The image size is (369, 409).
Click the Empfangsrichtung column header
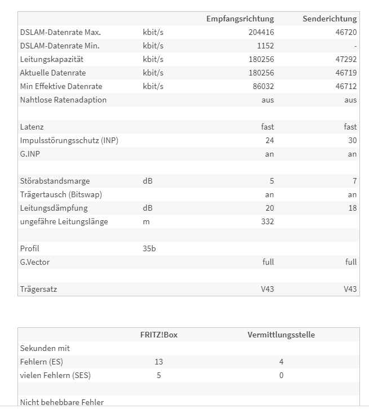tap(240, 19)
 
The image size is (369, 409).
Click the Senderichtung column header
tap(330, 19)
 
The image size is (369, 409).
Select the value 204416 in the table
tap(261, 33)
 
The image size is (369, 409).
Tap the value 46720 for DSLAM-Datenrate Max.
tap(346, 33)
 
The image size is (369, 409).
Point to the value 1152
tap(265, 46)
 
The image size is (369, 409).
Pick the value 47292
tap(346, 60)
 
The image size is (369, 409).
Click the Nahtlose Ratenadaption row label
tap(63, 100)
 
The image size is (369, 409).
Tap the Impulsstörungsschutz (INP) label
tap(69, 141)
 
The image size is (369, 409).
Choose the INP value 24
tap(269, 141)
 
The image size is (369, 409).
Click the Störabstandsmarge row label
tap(55, 181)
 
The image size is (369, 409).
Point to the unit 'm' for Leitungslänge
tap(146, 222)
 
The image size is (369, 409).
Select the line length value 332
tap(267, 222)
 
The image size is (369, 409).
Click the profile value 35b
tap(149, 249)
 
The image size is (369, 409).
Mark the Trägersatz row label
tap(38, 290)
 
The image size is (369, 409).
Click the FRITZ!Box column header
tap(159, 335)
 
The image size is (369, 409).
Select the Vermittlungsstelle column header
tap(281, 335)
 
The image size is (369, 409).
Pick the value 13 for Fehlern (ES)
tap(159, 362)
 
